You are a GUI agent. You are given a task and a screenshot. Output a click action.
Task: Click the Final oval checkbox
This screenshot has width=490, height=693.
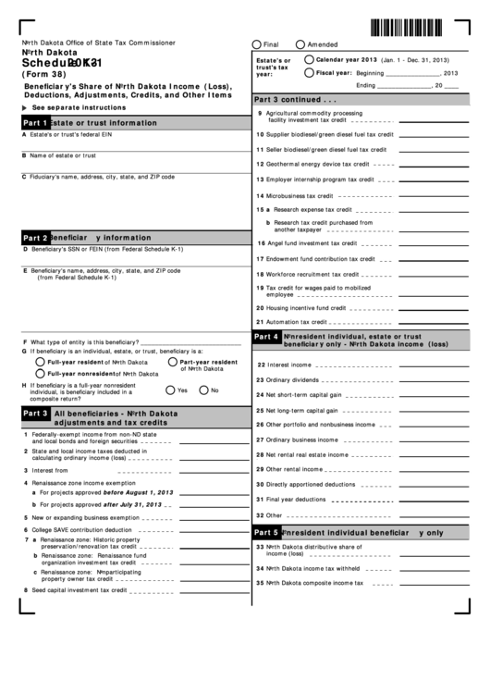(x=256, y=44)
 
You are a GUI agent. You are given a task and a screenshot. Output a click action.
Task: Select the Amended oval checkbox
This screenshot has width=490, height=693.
(x=300, y=44)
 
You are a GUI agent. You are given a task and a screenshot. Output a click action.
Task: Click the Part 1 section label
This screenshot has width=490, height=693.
(x=35, y=122)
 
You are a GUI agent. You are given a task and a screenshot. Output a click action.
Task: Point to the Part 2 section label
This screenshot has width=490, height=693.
(x=35, y=237)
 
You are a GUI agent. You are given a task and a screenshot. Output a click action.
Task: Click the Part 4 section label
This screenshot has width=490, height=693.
(x=266, y=337)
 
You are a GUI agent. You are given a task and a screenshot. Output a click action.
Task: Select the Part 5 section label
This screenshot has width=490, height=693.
(x=266, y=532)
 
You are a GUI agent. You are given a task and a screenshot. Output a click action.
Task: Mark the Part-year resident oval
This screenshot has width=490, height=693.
(x=172, y=362)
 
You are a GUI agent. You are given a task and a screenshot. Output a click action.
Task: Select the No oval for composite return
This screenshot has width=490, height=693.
(x=203, y=390)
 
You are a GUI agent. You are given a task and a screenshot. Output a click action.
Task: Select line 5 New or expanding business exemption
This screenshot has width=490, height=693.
(x=86, y=517)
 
